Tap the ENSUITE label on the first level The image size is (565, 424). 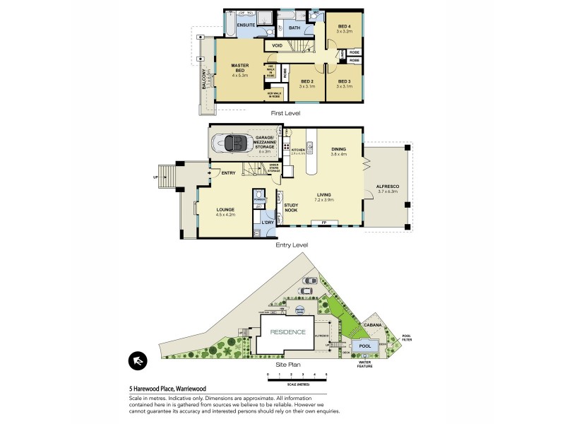pos(245,25)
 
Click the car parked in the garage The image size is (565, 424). pos(237,144)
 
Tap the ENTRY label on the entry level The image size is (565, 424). pos(228,173)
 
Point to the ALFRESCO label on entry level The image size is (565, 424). pos(388,187)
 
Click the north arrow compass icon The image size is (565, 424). pos(137,361)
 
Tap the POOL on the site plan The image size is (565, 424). pos(365,346)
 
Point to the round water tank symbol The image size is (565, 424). pos(299,310)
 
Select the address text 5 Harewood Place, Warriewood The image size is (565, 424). pos(167,388)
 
